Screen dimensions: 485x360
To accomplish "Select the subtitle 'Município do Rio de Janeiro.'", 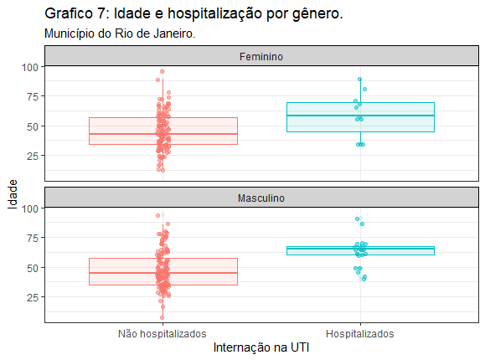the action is click(120, 33).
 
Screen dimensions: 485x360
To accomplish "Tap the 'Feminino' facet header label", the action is click(261, 57).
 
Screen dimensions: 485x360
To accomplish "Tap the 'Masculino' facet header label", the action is click(261, 198).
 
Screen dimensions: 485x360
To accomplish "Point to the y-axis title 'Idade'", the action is click(13, 194).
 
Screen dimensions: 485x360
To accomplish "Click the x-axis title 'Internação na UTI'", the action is click(261, 347).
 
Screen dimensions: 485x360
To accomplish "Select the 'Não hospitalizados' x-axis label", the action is click(163, 334).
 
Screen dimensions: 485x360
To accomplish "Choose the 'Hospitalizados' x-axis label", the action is click(360, 334).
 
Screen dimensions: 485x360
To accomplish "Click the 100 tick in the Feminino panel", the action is click(30, 67).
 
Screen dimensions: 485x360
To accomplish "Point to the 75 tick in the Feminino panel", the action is click(33, 96).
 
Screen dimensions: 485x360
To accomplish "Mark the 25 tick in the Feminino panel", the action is click(33, 156).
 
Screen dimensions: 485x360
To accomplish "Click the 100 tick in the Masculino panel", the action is click(30, 208).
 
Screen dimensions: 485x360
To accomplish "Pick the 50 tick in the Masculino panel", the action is click(33, 268).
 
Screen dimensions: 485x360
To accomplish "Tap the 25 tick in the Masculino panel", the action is click(33, 297).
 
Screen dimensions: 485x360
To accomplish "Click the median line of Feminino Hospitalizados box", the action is click(361, 116).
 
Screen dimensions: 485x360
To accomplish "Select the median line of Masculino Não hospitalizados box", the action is click(163, 273).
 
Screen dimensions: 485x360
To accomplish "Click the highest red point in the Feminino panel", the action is click(162, 71).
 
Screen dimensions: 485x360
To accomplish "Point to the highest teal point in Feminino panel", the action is click(359, 80).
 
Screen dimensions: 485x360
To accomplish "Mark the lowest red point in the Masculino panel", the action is click(162, 317).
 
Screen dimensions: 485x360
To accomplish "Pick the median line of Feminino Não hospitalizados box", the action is click(163, 134).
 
